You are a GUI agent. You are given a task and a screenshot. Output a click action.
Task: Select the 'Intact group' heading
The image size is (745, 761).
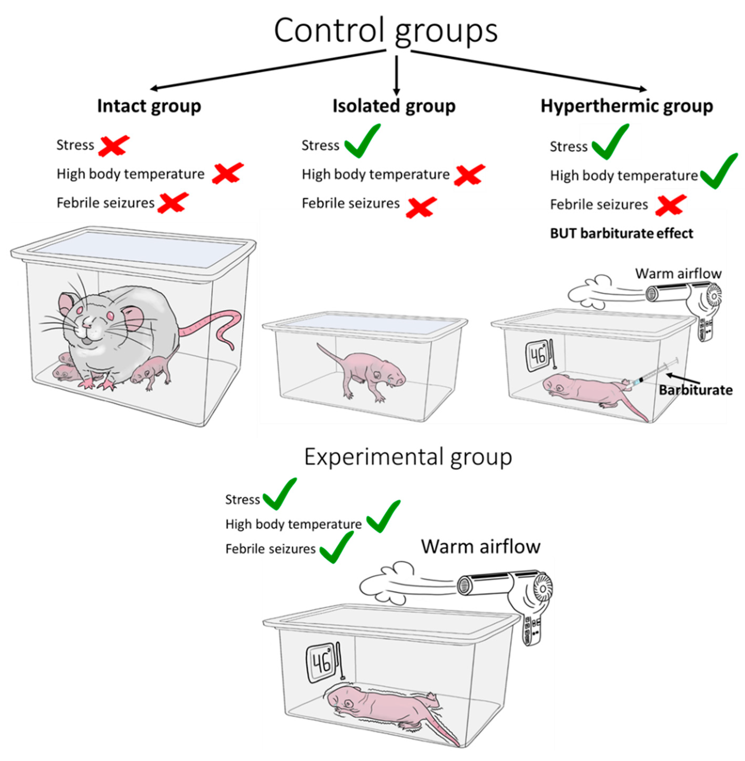click(x=149, y=106)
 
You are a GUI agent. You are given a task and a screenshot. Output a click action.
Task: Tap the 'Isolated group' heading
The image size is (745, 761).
click(x=394, y=106)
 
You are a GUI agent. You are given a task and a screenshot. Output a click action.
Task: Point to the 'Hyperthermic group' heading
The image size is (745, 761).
click(x=626, y=106)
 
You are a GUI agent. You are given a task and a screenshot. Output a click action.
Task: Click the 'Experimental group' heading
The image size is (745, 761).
click(x=408, y=457)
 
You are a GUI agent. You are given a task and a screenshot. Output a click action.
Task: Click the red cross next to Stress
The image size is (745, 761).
click(x=114, y=145)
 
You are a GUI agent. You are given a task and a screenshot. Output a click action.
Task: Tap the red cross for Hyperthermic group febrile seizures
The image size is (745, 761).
click(x=670, y=205)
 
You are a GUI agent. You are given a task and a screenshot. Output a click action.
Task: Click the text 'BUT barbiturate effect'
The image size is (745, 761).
click(x=621, y=234)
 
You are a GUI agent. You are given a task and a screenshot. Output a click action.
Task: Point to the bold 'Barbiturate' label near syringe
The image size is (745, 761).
click(x=695, y=390)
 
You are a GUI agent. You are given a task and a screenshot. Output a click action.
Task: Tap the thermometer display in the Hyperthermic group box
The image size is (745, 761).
click(x=538, y=356)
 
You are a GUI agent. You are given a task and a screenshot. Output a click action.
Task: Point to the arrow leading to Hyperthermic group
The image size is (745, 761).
click(x=528, y=71)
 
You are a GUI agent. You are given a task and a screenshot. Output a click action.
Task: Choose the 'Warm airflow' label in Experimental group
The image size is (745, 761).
click(x=480, y=547)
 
